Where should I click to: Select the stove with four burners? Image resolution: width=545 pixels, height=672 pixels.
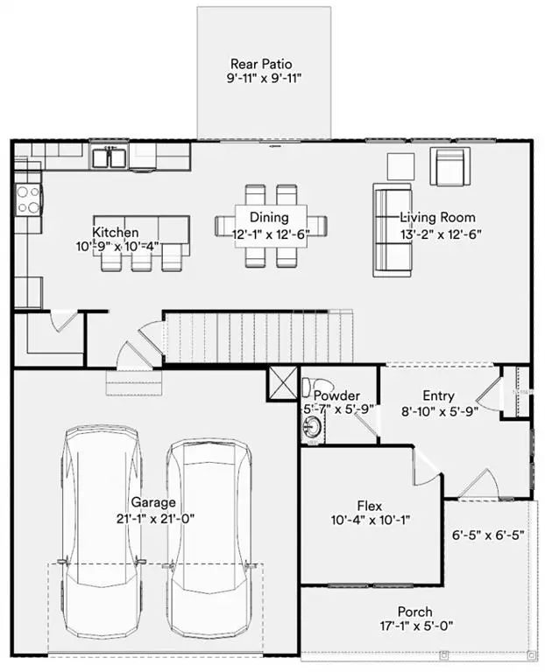click(x=28, y=199)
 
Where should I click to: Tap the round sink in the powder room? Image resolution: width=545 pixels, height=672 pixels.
click(x=313, y=426)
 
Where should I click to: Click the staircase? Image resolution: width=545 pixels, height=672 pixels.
click(x=258, y=337)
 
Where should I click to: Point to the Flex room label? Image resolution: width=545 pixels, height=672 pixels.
click(x=369, y=506)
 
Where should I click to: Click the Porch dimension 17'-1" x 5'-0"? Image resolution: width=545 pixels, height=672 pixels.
click(x=414, y=626)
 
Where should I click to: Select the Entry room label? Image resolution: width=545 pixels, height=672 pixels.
click(x=437, y=396)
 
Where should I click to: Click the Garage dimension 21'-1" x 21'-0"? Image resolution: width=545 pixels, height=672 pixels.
click(x=153, y=517)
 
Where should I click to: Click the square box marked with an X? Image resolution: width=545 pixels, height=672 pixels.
click(x=282, y=382)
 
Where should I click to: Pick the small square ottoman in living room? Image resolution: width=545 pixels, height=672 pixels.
click(x=400, y=164)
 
